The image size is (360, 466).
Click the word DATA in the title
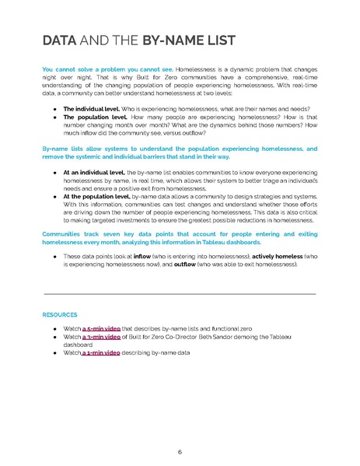[x=59, y=40]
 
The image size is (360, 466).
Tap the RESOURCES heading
[x=59, y=315]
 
